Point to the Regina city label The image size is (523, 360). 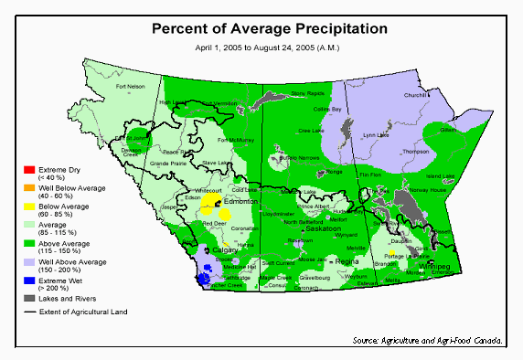(347, 261)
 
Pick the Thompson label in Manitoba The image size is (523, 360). (415, 152)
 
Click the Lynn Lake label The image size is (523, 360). (375, 135)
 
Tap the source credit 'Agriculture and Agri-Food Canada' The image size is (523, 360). (428, 341)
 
